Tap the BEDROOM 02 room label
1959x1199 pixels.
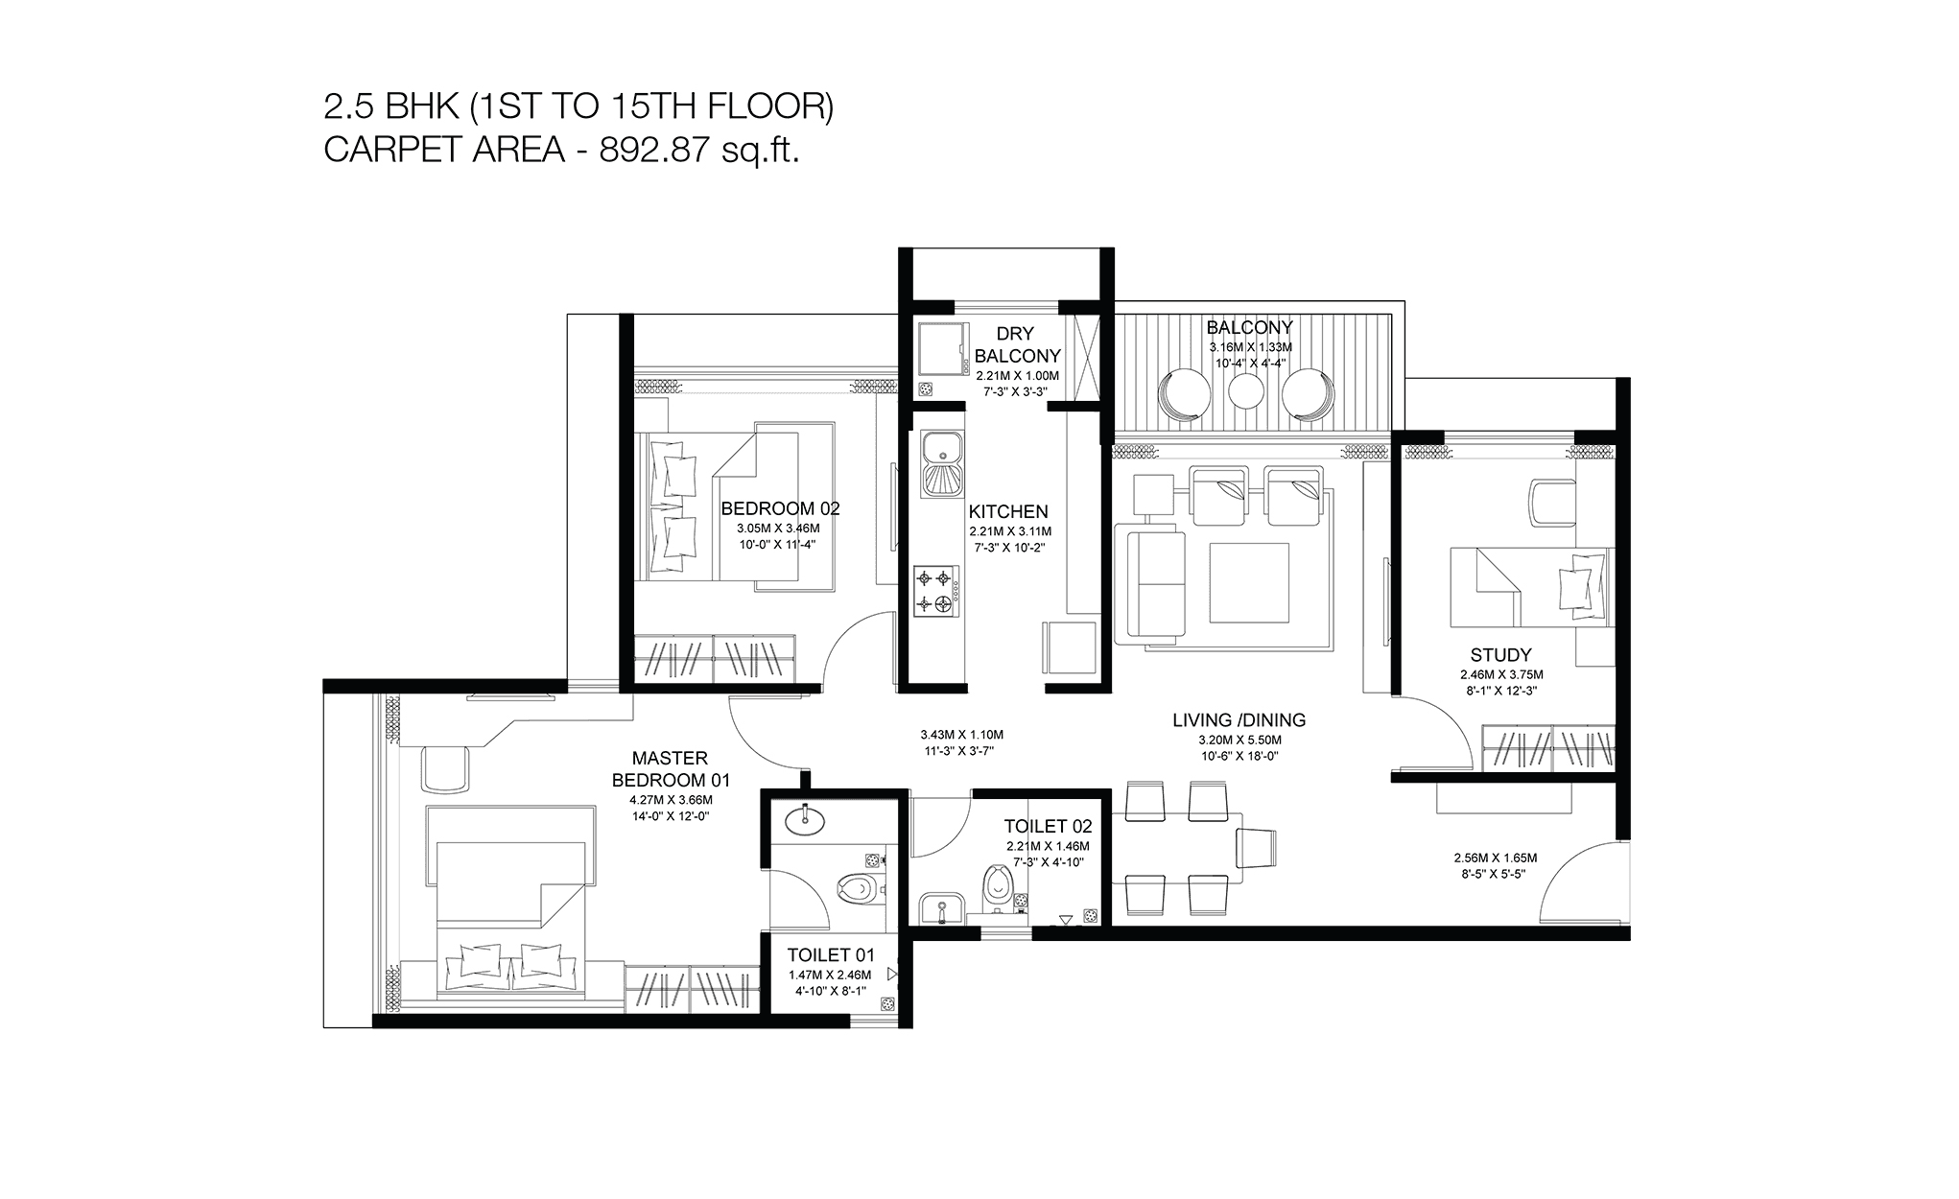coord(780,508)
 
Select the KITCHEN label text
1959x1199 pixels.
coord(1007,512)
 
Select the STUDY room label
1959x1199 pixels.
coord(1500,655)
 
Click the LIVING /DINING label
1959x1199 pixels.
coord(1239,720)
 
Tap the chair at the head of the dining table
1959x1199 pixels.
coord(1258,847)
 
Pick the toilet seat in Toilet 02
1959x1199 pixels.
coord(997,883)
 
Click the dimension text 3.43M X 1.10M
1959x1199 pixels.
coord(961,735)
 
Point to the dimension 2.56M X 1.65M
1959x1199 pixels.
coord(1495,858)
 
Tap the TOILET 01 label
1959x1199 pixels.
coord(831,955)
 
